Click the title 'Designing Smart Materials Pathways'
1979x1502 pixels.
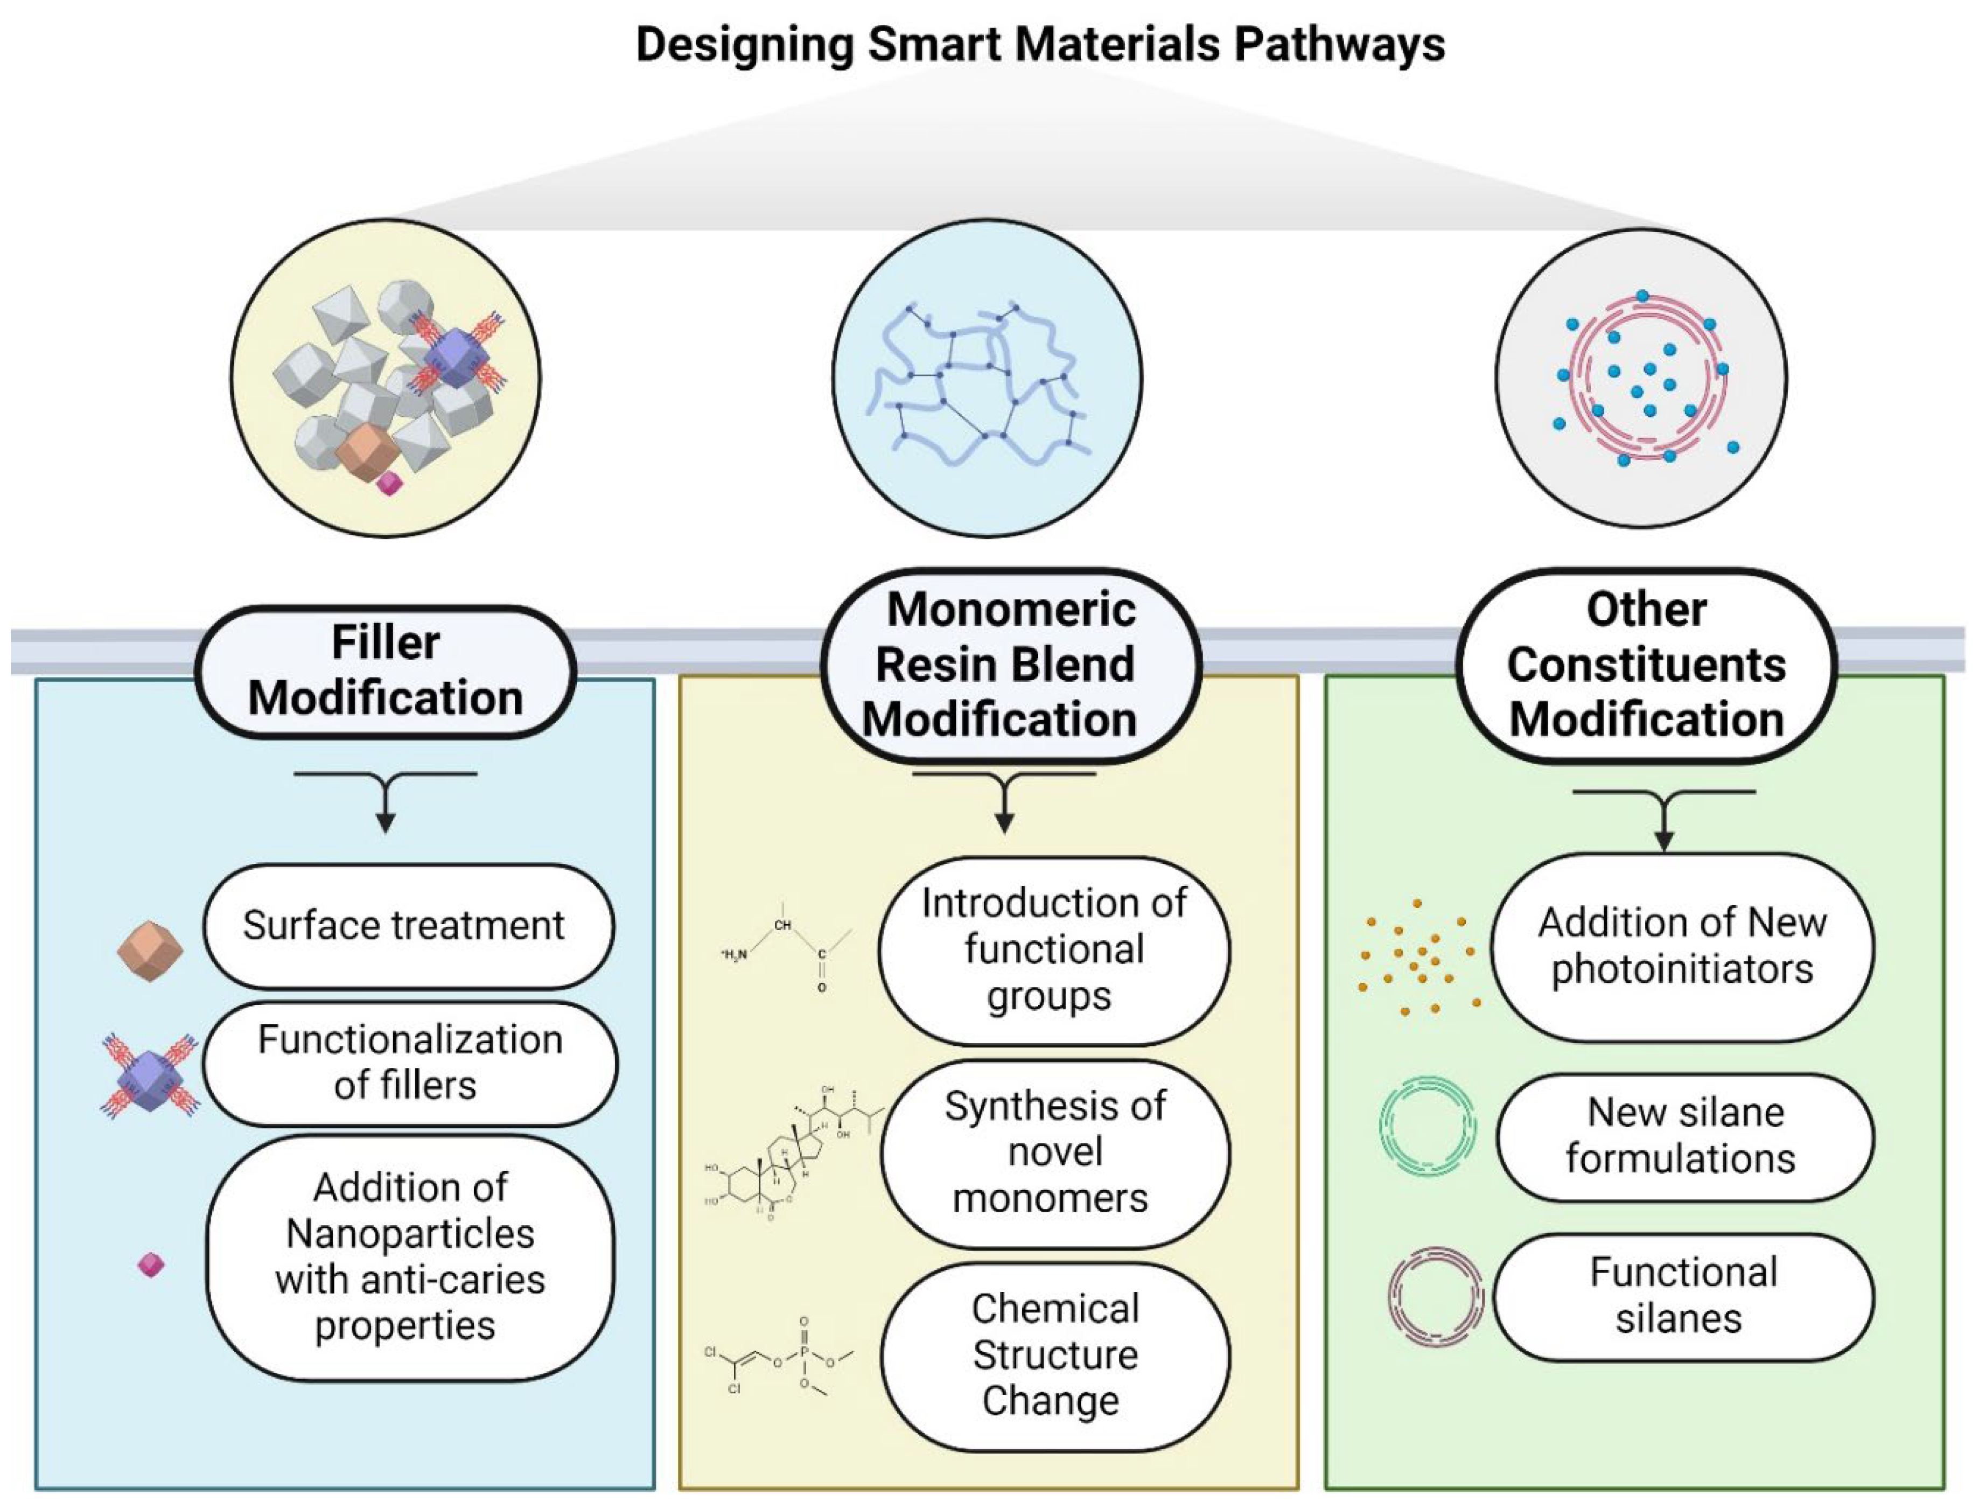tap(1040, 45)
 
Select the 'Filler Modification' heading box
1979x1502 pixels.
tap(386, 671)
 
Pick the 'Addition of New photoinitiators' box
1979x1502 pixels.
tap(1681, 946)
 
